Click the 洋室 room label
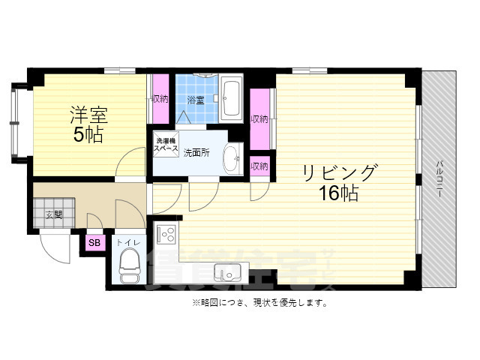(88, 116)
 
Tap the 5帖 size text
(88, 135)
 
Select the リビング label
(339, 173)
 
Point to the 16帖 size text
(339, 193)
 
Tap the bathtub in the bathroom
(232, 100)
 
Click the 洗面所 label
(196, 151)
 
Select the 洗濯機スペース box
(166, 145)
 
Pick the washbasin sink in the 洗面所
(232, 157)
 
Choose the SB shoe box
(94, 243)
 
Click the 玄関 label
(53, 214)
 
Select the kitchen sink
(226, 271)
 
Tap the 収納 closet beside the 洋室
(160, 99)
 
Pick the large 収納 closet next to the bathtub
(259, 119)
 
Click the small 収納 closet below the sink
(259, 166)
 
